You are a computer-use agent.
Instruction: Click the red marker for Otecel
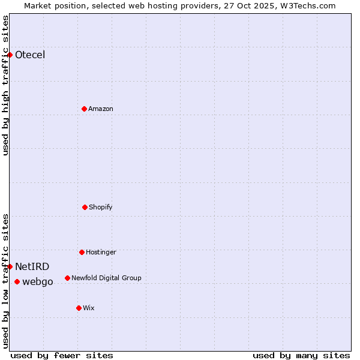pyautogui.click(x=10, y=55)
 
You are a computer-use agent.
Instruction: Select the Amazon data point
pyautogui.click(x=84, y=109)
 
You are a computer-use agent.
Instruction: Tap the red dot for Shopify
pyautogui.click(x=85, y=207)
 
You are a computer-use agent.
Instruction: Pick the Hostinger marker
pyautogui.click(x=82, y=252)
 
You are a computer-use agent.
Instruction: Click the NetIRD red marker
pyautogui.click(x=10, y=266)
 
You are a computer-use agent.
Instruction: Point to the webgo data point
pyautogui.click(x=17, y=281)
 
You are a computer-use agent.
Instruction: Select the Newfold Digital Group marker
pyautogui.click(x=67, y=278)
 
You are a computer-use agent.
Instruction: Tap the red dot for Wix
pyautogui.click(x=79, y=308)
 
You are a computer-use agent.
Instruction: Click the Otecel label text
pyautogui.click(x=30, y=55)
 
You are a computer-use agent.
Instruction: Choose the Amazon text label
pyautogui.click(x=101, y=109)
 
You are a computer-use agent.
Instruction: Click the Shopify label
pyautogui.click(x=101, y=207)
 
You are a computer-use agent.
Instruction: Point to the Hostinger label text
pyautogui.click(x=101, y=252)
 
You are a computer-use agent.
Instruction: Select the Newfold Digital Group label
pyautogui.click(x=106, y=278)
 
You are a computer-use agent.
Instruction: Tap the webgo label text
pyautogui.click(x=38, y=282)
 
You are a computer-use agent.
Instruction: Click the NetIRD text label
pyautogui.click(x=32, y=267)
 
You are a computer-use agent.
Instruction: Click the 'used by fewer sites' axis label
pyautogui.click(x=62, y=355)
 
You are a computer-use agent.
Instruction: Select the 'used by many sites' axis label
pyautogui.click(x=301, y=355)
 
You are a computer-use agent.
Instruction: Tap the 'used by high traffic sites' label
pyautogui.click(x=6, y=85)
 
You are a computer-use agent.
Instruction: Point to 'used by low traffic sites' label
pyautogui.click(x=6, y=281)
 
